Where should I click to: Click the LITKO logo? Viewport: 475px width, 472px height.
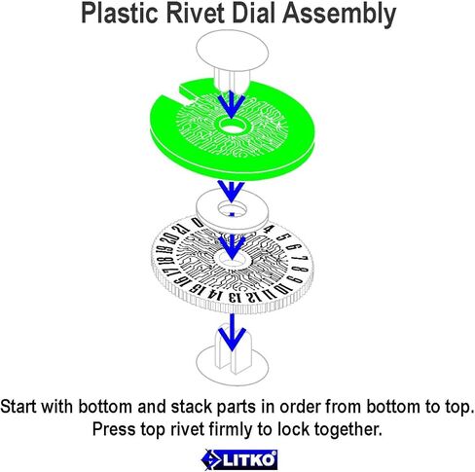click(x=239, y=459)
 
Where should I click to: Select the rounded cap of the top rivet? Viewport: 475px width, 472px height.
click(x=233, y=50)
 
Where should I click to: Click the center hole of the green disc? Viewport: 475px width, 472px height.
click(x=233, y=127)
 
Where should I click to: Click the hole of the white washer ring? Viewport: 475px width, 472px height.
click(x=232, y=208)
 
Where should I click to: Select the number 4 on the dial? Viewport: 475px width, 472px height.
click(x=268, y=230)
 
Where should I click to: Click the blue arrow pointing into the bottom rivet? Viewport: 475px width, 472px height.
click(x=232, y=332)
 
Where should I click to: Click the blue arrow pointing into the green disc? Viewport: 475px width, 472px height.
click(x=232, y=104)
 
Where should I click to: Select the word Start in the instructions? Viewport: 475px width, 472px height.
click(x=18, y=407)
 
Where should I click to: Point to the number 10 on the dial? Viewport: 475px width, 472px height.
click(x=283, y=288)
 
